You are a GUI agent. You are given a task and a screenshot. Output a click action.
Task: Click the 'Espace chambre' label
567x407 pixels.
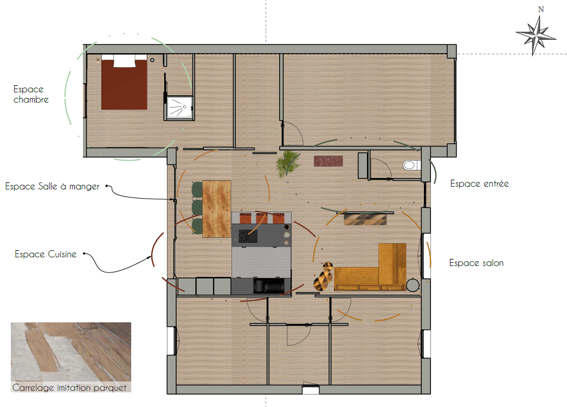click(31, 94)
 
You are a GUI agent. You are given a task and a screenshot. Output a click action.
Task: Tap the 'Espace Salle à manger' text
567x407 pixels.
click(52, 187)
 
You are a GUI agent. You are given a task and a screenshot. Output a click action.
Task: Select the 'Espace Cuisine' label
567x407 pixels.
click(46, 254)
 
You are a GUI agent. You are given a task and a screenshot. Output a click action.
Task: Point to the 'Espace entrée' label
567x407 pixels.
click(480, 184)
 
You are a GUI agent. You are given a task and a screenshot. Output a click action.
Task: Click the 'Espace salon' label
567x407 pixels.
click(476, 263)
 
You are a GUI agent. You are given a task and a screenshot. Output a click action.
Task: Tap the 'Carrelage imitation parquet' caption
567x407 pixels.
click(69, 387)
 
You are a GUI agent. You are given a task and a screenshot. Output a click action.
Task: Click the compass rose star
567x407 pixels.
click(536, 35)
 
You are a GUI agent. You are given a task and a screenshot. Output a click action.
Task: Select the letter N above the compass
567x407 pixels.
click(541, 9)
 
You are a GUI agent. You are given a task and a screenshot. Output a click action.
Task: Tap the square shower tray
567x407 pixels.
click(179, 107)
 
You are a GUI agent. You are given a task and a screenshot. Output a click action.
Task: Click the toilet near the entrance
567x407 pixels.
click(411, 166)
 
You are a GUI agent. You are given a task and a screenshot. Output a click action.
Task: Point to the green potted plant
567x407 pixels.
click(288, 164)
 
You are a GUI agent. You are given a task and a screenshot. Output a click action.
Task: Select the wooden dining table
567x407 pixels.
click(217, 209)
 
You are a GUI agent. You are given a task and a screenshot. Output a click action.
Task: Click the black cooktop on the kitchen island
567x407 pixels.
click(248, 236)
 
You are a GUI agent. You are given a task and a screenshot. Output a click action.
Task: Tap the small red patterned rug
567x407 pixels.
click(328, 161)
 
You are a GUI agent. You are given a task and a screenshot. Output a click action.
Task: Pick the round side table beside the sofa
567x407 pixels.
click(413, 285)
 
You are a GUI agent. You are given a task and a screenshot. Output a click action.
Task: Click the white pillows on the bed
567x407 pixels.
click(124, 60)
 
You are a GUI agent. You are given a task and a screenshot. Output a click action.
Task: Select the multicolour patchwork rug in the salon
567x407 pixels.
click(365, 219)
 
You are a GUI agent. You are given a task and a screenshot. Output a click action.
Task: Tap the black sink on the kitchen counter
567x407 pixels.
click(268, 285)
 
